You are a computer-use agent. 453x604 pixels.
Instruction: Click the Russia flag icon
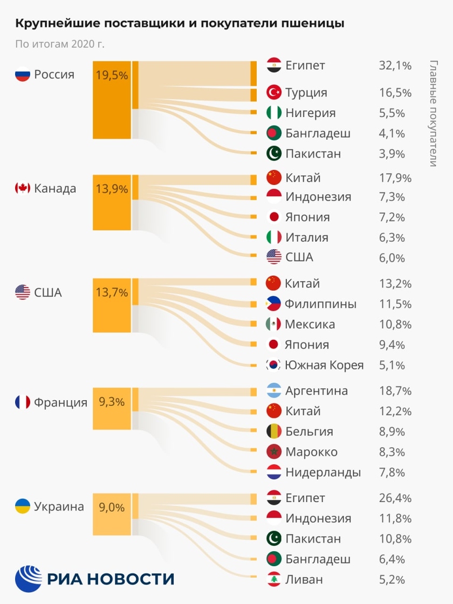22,74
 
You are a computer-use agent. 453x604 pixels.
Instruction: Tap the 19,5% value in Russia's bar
112,75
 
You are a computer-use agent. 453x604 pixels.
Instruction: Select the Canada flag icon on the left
22,188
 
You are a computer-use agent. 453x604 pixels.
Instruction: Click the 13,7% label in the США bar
112,293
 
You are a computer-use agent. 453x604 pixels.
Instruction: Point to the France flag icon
22,402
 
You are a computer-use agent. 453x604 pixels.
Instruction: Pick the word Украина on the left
59,507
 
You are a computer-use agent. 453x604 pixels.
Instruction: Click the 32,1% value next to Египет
395,66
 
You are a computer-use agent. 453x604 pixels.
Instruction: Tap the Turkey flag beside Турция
274,93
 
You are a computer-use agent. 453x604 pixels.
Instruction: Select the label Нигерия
310,113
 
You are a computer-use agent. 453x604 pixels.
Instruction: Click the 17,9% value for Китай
395,178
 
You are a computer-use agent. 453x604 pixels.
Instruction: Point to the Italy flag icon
274,237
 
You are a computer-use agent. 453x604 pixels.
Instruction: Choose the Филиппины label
320,304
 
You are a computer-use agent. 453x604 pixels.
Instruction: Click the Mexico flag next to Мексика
274,325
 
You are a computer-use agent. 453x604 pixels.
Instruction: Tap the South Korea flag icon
274,365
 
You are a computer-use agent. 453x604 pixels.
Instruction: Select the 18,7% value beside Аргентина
395,391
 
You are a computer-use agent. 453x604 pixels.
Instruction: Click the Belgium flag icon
274,432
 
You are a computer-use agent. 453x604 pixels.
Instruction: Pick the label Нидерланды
323,473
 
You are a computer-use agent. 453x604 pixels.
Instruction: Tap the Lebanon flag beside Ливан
274,580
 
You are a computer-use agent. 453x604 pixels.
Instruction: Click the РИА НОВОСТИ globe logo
28,579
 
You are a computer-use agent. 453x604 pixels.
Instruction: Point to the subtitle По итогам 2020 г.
59,44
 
